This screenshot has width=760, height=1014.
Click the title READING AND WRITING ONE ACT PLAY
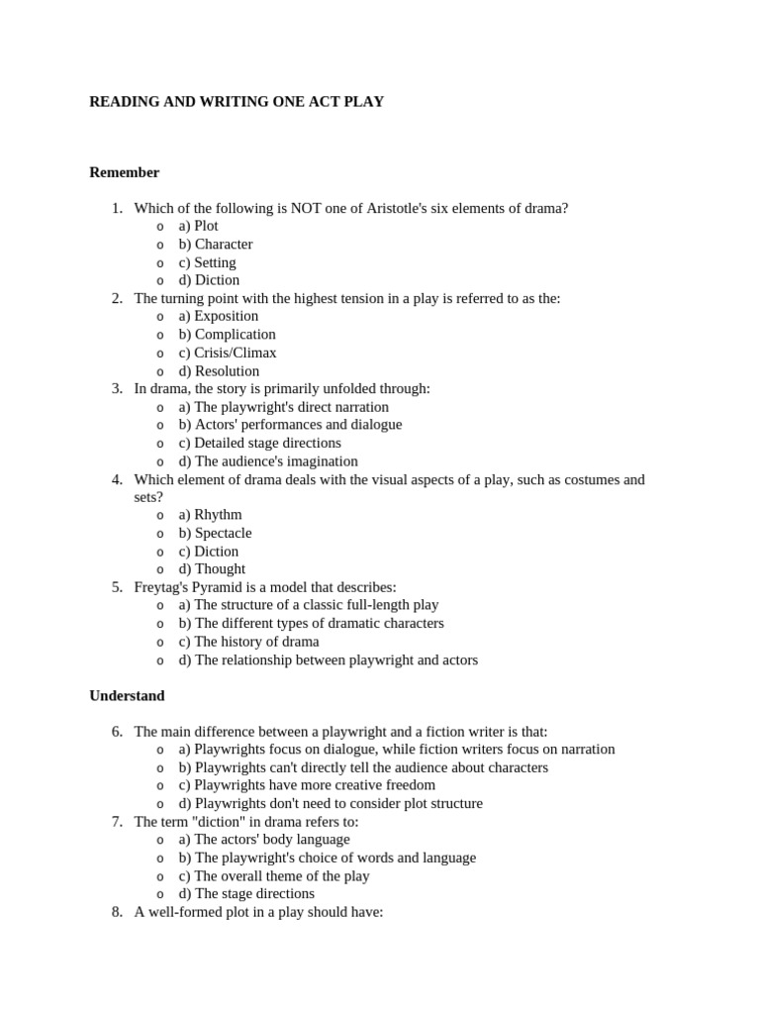237,102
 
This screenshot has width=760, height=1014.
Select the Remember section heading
124,172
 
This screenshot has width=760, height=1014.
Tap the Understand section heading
127,696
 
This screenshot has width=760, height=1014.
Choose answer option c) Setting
207,262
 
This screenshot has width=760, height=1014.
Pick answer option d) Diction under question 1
209,280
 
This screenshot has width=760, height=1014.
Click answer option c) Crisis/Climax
228,353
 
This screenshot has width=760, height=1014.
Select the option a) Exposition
219,316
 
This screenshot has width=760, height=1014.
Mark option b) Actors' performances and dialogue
290,425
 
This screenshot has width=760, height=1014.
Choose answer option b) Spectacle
215,533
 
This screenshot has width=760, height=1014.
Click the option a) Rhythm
210,515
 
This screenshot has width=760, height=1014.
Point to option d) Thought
212,569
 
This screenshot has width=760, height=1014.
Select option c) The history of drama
248,642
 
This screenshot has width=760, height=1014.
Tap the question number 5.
117,587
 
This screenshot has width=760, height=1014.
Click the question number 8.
117,912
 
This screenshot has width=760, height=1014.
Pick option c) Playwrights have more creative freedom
307,785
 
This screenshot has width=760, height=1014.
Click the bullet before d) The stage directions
160,894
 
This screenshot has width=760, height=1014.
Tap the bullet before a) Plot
160,227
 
